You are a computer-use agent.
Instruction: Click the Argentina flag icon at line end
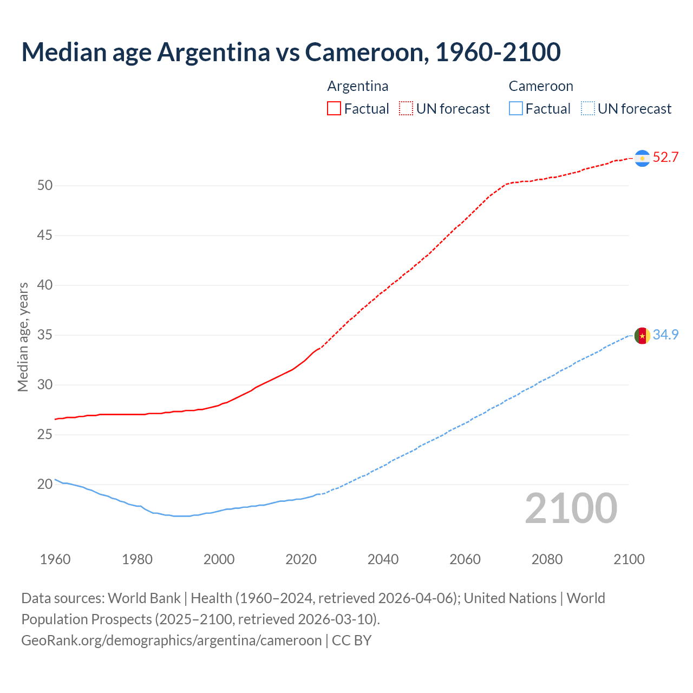click(x=642, y=158)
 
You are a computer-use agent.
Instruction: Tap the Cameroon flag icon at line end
click(x=642, y=336)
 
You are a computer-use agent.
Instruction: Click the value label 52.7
click(x=665, y=158)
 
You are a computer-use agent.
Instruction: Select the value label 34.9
click(x=665, y=335)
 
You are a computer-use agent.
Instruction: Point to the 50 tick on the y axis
click(x=45, y=186)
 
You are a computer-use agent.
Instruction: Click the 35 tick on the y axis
click(x=45, y=335)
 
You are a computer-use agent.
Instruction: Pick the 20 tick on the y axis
click(x=45, y=485)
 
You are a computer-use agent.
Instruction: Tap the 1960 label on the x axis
click(x=55, y=559)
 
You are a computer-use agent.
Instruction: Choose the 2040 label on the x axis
click(x=383, y=559)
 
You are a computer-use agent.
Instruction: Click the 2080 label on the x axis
click(x=547, y=559)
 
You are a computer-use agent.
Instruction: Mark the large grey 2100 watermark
click(x=571, y=508)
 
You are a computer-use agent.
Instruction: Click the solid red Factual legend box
click(x=334, y=108)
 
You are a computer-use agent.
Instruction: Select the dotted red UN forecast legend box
click(x=406, y=108)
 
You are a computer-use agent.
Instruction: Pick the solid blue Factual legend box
click(x=516, y=108)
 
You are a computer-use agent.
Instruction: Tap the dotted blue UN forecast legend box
click(x=587, y=108)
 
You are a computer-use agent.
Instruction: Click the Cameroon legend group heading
click(x=540, y=86)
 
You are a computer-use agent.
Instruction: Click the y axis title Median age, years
click(x=23, y=336)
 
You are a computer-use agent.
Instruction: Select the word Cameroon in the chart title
click(x=365, y=52)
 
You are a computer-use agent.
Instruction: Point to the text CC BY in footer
click(x=351, y=640)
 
